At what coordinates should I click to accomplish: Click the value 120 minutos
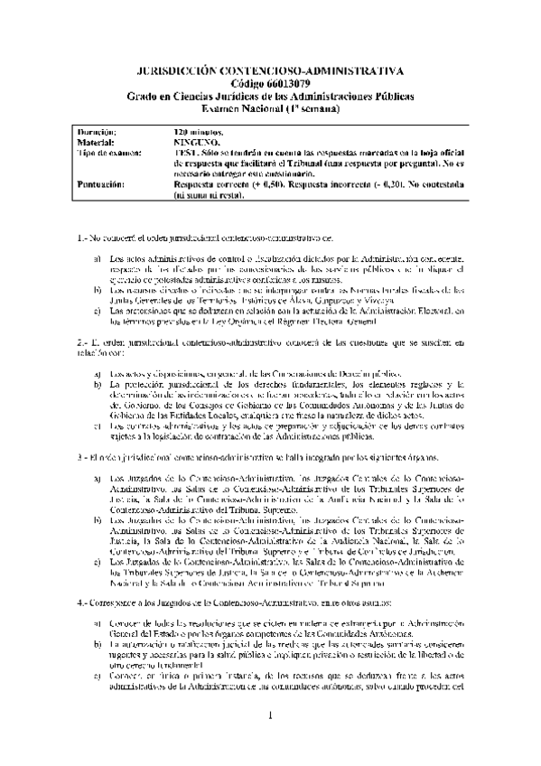coord(198,132)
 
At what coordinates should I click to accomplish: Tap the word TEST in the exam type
coord(183,152)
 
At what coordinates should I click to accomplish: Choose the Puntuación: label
coord(102,182)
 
